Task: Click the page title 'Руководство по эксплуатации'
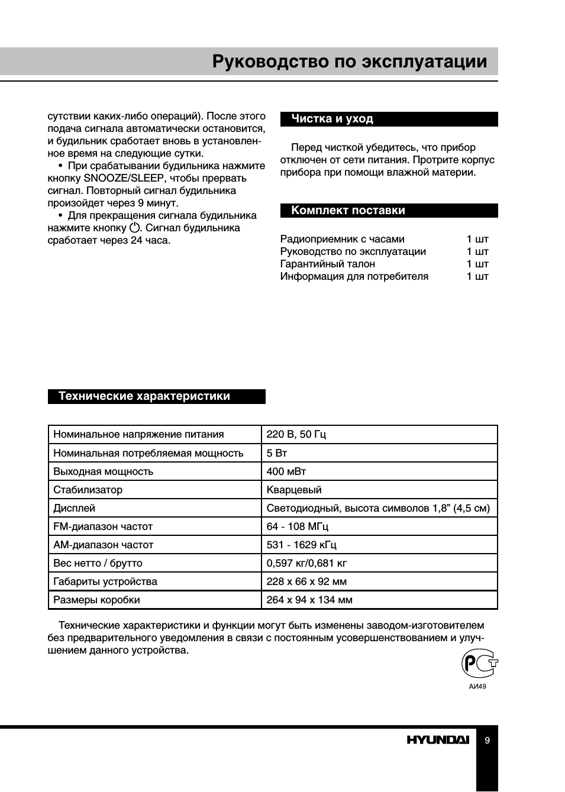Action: (x=350, y=62)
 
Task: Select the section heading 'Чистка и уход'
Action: (x=332, y=119)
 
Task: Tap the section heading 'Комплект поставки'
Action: (x=348, y=211)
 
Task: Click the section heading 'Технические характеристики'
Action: (x=144, y=396)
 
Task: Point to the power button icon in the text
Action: (x=135, y=228)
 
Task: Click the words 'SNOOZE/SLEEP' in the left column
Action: (x=123, y=178)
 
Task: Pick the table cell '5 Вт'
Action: (x=276, y=453)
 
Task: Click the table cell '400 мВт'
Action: (x=286, y=471)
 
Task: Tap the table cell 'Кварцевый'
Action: (x=294, y=490)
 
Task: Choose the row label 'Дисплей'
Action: (x=74, y=508)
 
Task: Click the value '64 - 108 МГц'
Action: (x=297, y=526)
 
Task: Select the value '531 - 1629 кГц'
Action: (x=301, y=545)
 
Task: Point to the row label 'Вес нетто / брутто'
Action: (x=98, y=563)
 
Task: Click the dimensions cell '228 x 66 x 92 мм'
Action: (x=306, y=581)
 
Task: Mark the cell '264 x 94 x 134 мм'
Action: (x=309, y=600)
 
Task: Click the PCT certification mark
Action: (x=479, y=664)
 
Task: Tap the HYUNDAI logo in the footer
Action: (x=437, y=740)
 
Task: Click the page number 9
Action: (x=487, y=741)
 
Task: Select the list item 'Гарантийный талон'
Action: (x=327, y=264)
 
